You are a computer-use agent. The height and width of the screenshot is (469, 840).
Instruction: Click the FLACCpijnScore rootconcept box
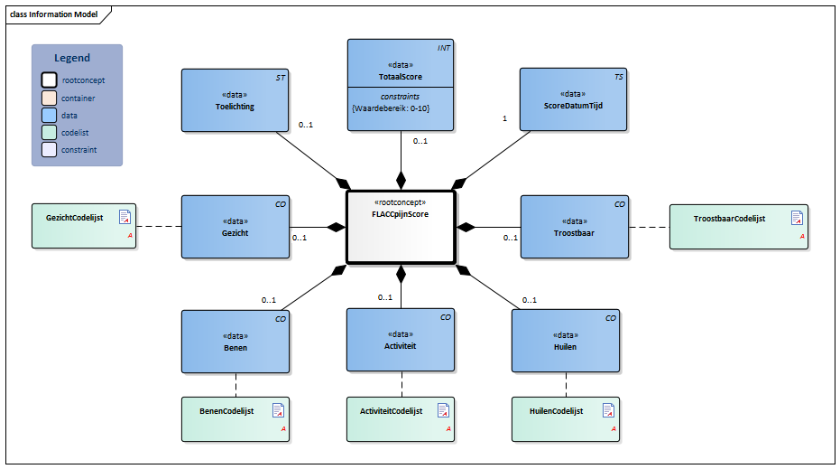pyautogui.click(x=401, y=227)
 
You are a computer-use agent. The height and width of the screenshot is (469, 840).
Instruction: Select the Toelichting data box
pyautogui.click(x=235, y=100)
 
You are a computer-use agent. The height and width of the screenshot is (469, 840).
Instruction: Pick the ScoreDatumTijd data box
pyautogui.click(x=573, y=100)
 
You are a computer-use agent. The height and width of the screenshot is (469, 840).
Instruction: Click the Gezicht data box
pyautogui.click(x=235, y=227)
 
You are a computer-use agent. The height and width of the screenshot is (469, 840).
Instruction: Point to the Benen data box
pyautogui.click(x=235, y=341)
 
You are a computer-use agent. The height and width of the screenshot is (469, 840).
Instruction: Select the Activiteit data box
pyautogui.click(x=401, y=339)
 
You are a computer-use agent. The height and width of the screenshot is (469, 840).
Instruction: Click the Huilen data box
pyautogui.click(x=566, y=341)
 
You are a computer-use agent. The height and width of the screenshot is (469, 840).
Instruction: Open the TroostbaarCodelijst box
pyautogui.click(x=738, y=226)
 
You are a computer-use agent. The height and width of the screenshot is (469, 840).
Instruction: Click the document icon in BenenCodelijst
pyautogui.click(x=280, y=410)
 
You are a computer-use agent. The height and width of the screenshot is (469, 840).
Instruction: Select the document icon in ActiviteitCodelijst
pyautogui.click(x=444, y=410)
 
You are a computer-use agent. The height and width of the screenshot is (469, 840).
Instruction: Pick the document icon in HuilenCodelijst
pyautogui.click(x=610, y=410)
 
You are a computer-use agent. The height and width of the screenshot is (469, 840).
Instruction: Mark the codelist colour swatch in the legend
pyautogui.click(x=47, y=133)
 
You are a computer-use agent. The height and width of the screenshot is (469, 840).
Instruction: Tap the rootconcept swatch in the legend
pyautogui.click(x=47, y=80)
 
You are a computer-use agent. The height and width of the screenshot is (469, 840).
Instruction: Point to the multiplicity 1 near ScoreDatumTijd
pyautogui.click(x=504, y=117)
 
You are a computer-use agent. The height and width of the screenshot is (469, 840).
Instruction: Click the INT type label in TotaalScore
pyautogui.click(x=445, y=47)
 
